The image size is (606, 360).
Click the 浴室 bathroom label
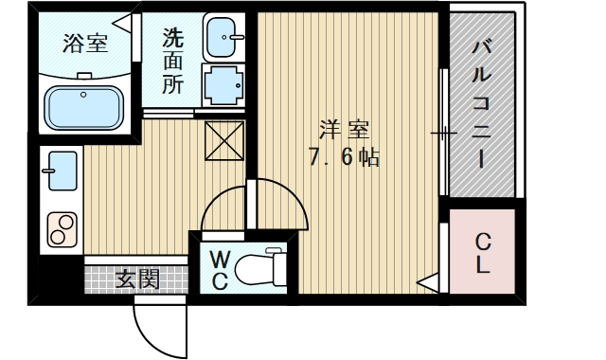tap(85, 43)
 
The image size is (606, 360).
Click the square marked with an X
tap(225, 141)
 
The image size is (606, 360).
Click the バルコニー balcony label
tap(482, 104)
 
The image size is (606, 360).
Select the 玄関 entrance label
tap(137, 279)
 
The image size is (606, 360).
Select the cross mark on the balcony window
tap(442, 133)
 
